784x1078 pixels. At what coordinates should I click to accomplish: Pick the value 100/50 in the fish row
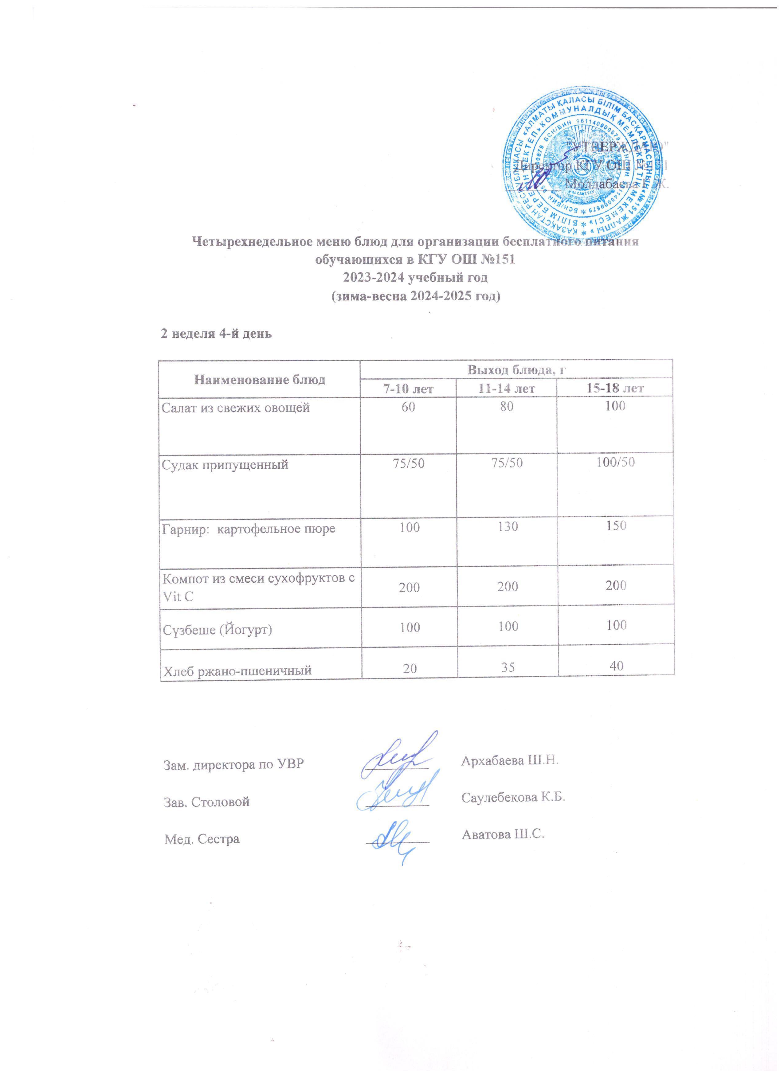(616, 463)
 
